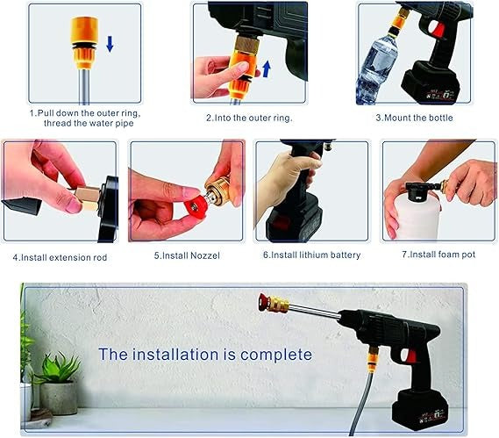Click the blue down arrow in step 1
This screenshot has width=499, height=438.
click(x=108, y=45)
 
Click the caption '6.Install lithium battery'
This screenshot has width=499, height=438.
click(x=310, y=255)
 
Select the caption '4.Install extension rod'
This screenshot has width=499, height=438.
click(x=61, y=258)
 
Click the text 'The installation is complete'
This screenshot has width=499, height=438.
click(x=204, y=355)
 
